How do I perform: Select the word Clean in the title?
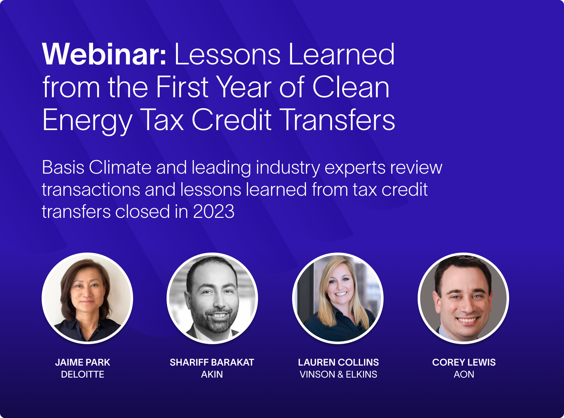pos(351,87)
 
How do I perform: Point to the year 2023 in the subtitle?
pos(214,212)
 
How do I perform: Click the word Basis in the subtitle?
pos(63,167)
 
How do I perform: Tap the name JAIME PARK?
pos(83,362)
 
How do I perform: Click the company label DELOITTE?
pos(83,374)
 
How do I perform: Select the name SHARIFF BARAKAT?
pos(212,362)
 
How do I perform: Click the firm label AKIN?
pos(212,374)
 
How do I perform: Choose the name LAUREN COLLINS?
pos(338,362)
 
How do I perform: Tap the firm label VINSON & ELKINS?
pos(338,374)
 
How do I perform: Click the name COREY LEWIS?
pos(464,362)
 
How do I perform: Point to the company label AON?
pos(464,374)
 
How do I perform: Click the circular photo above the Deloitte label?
pos(87,298)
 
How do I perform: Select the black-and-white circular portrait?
pos(212,298)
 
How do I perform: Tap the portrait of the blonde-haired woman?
pos(338,298)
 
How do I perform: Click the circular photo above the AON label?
pos(463,298)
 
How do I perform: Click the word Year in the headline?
pos(244,87)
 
